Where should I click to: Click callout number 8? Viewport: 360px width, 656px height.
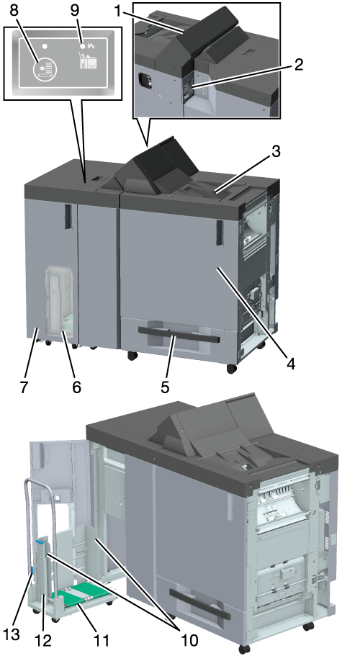[x=14, y=11]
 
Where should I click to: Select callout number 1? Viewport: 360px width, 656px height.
[x=119, y=11]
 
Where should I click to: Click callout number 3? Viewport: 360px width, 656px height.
[x=274, y=151]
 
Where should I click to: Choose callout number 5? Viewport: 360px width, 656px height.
[x=165, y=387]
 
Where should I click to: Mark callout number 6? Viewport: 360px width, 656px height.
[x=76, y=387]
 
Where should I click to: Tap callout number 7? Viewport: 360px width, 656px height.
[x=24, y=387]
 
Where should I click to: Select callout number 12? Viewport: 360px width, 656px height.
[x=44, y=640]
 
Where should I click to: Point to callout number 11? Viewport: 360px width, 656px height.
[x=100, y=640]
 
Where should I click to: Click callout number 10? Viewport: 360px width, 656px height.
[x=189, y=640]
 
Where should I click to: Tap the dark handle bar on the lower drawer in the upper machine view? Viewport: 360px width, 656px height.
[x=179, y=335]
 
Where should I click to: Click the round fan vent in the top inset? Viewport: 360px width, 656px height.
[x=144, y=78]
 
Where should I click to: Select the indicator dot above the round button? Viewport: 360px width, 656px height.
[x=44, y=45]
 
